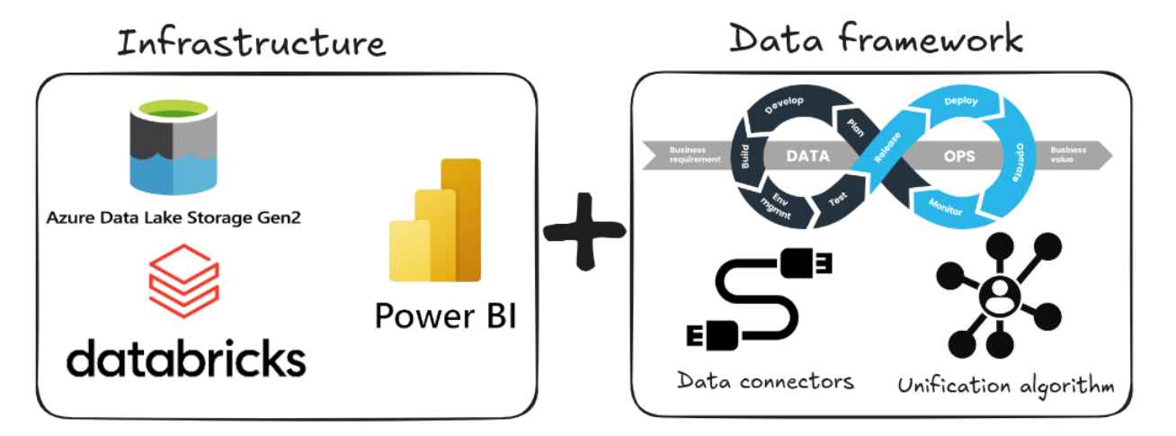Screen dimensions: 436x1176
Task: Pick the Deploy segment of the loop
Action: point(961,103)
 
